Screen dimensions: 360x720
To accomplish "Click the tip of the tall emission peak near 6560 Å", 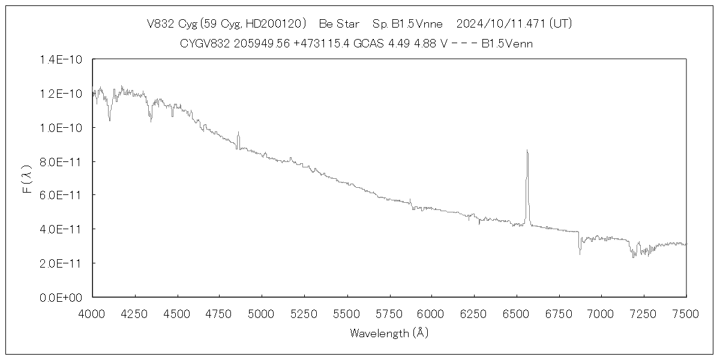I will (527, 151).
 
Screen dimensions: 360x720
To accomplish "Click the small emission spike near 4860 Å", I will (238, 133).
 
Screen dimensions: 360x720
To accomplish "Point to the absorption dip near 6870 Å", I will (580, 253).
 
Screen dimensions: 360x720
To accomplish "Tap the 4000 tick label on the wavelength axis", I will (92, 313).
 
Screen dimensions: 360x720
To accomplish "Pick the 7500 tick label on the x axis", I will (686, 313).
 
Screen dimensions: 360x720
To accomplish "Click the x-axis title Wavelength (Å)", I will (389, 332).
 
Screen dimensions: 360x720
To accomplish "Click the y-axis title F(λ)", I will (27, 181).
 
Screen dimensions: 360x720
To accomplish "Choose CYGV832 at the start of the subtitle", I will (203, 43).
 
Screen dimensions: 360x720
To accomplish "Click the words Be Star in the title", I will (339, 24).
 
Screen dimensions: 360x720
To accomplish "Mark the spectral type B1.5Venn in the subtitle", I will (507, 43).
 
